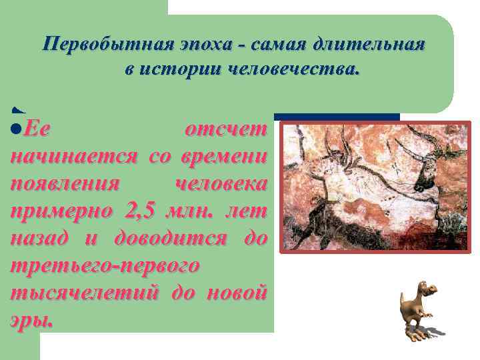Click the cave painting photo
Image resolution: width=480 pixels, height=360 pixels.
click(374, 187)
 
